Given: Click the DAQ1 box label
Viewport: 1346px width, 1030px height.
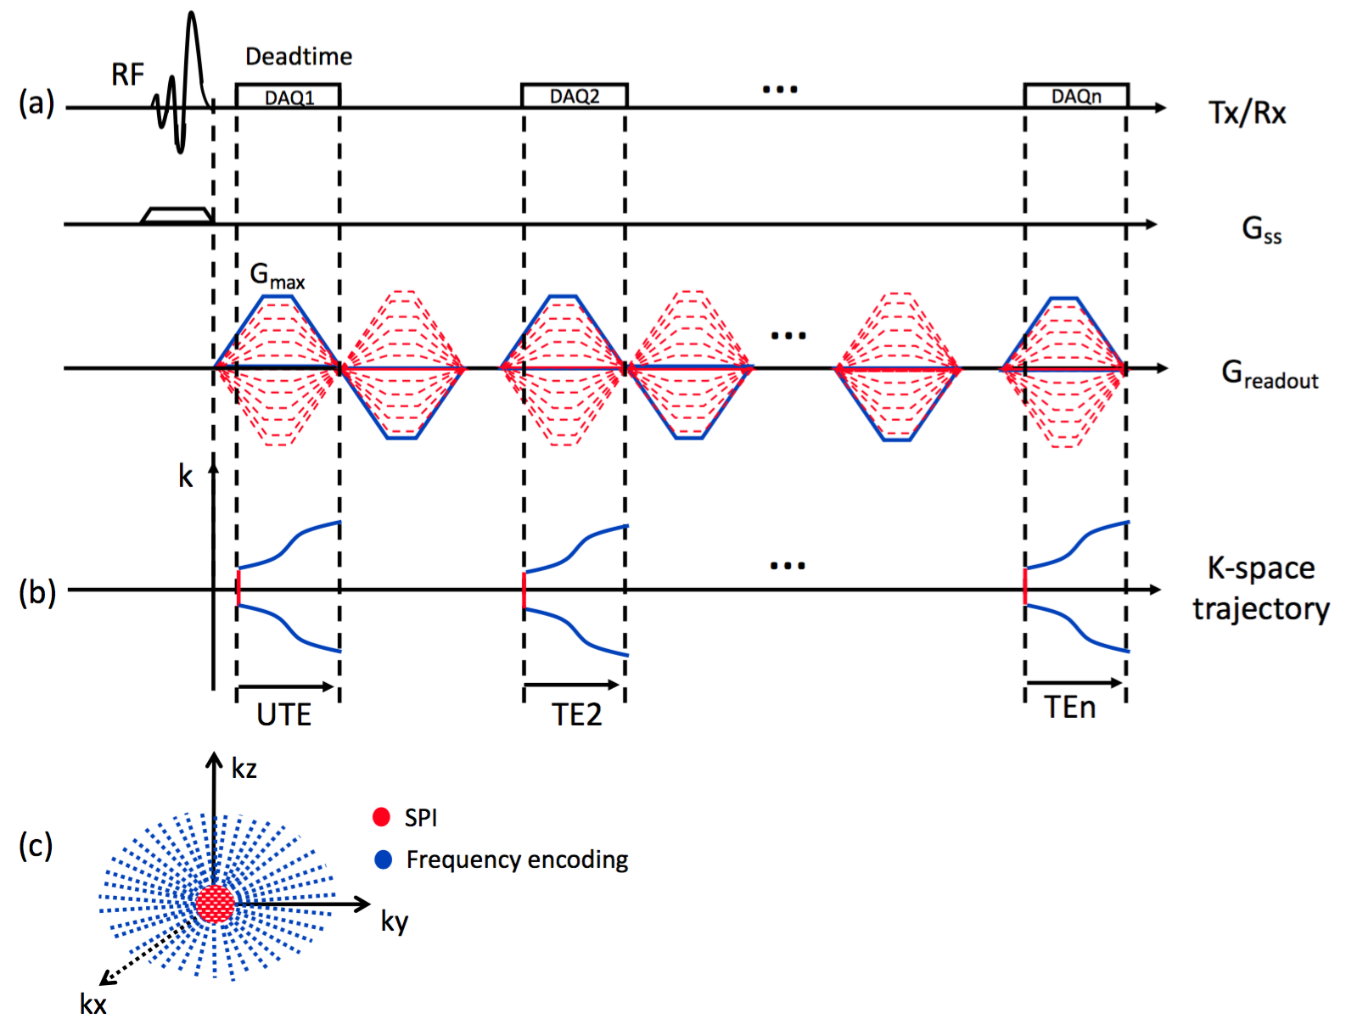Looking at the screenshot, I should (x=289, y=98).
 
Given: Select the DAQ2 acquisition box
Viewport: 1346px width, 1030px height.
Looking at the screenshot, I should (x=575, y=96).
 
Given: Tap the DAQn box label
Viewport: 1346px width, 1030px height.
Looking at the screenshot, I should (x=1076, y=97).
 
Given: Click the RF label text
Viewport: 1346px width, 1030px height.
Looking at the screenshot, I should (x=128, y=75).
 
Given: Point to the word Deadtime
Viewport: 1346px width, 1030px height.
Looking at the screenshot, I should (x=299, y=57).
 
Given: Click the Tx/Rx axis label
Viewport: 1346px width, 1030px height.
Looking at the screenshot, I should (x=1247, y=113).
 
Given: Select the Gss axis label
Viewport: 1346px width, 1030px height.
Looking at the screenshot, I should (x=1261, y=229).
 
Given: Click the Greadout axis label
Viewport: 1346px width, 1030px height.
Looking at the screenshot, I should (x=1270, y=374).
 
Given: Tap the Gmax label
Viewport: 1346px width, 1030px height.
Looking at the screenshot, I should (x=277, y=276).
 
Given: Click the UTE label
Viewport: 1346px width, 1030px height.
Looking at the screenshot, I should (x=284, y=715).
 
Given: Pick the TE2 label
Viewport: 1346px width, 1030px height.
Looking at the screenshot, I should (x=577, y=715).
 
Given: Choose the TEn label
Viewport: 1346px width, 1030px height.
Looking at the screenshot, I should (x=1069, y=708).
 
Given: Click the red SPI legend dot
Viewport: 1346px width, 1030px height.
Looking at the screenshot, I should (x=381, y=817).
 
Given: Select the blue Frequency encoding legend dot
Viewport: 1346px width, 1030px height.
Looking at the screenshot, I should (x=384, y=859).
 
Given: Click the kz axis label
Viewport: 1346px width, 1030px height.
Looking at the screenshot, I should (x=244, y=769).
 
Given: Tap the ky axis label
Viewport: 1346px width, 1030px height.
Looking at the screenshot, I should (x=395, y=921).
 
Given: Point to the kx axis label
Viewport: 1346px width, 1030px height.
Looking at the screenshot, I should (x=93, y=1005).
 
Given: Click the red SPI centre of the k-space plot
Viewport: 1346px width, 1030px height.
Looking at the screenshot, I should (x=216, y=904).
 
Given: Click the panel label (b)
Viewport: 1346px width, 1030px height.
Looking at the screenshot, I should (x=37, y=591).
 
